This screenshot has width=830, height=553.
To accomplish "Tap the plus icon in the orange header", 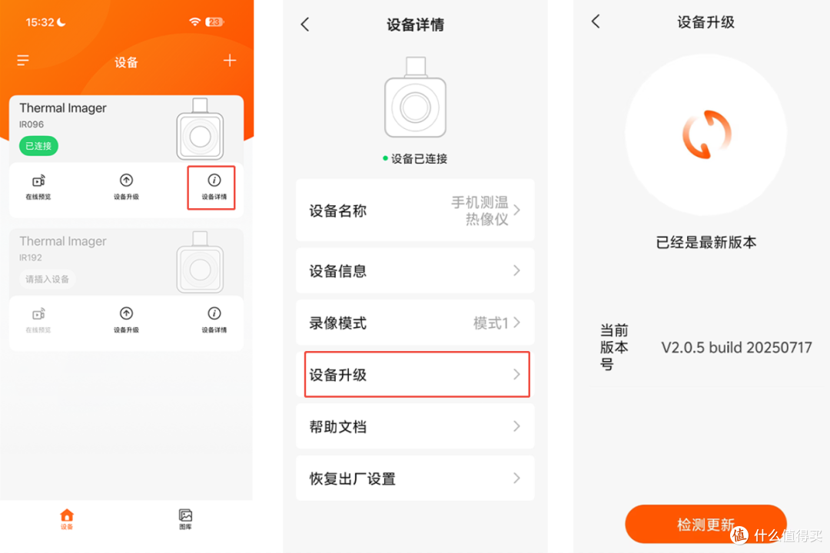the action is (x=229, y=61).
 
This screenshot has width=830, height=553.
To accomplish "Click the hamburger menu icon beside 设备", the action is (x=23, y=61).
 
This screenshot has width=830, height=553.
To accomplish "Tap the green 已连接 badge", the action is (x=38, y=145).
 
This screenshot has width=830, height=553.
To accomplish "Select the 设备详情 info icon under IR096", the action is (x=214, y=180).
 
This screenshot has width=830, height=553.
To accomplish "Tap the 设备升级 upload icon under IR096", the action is (x=126, y=180).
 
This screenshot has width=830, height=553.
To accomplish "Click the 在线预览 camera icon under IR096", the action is (x=38, y=181).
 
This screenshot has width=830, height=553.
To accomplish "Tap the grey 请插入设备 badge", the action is (x=47, y=279).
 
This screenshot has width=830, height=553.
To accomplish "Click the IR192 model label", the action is (x=31, y=258).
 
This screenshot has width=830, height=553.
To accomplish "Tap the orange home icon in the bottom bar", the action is (x=67, y=515).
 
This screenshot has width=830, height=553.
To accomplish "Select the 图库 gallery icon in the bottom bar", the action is (x=185, y=515).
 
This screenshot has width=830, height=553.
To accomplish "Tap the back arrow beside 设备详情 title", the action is (x=305, y=25).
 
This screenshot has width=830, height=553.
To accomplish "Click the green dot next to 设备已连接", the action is (x=385, y=158).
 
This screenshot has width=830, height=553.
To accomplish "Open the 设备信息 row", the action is (x=415, y=270).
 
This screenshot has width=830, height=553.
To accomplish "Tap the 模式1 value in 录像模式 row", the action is (x=490, y=323).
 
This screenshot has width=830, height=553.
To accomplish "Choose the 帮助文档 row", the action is (x=415, y=426).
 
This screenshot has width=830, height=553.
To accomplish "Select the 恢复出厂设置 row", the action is (x=415, y=478).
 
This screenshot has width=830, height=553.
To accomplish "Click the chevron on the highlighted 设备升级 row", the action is (x=516, y=375).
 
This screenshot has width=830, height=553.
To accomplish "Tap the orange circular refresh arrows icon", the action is (x=707, y=134).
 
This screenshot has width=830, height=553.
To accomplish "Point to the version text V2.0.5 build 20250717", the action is (x=736, y=348).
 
